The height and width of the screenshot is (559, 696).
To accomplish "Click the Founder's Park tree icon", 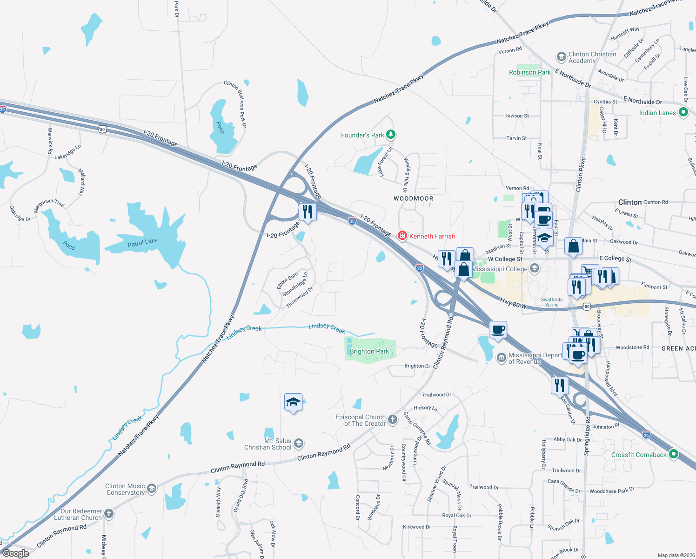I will tap(391, 135).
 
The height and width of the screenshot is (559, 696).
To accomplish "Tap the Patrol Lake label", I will tap(142, 242).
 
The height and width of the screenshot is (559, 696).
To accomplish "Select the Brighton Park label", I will tap(369, 351).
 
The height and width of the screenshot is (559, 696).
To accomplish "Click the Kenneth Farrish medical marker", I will tap(402, 236).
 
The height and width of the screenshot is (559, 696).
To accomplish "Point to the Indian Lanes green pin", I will tap(683, 112).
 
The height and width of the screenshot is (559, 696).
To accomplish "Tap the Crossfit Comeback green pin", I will tap(673, 454).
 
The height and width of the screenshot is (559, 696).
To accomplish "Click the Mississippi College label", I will tap(500, 269).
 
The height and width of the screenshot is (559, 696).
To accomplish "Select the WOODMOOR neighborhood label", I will tap(413, 198).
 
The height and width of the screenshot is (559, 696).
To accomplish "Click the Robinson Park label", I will tap(529, 72).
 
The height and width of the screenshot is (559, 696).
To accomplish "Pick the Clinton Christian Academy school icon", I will tap(561, 57).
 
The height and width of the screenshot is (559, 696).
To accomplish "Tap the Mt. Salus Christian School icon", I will tap(299, 443).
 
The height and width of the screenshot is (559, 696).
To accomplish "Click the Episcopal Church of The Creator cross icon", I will tap(393, 420).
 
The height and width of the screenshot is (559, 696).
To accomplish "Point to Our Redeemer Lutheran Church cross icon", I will tap(108, 514).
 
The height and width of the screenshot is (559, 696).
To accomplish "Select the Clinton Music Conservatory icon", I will tap(151, 488).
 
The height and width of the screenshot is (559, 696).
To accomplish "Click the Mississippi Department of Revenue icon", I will tap(501, 358).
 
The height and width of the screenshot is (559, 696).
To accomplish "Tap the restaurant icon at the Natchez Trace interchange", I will tap(307, 212).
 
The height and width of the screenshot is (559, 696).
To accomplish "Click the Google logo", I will tap(15, 553).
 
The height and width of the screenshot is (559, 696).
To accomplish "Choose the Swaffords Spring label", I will tap(552, 302).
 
